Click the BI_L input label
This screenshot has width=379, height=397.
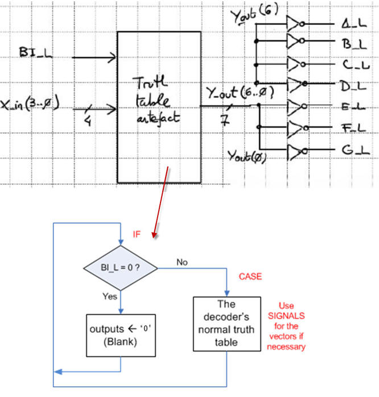(36, 52)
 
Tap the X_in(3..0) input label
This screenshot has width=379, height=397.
(30, 104)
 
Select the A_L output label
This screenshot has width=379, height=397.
(354, 23)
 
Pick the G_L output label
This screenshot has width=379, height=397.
(356, 150)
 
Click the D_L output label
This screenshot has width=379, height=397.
(353, 86)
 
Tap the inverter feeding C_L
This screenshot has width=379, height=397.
(296, 64)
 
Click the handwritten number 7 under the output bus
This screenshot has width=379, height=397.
(225, 120)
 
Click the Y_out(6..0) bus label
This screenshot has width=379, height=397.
(240, 92)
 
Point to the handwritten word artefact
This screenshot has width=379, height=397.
(158, 118)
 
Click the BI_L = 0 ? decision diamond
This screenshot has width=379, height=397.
(121, 268)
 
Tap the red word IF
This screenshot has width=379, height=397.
(137, 234)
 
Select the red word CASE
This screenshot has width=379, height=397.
(250, 276)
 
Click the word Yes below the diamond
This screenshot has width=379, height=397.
(110, 296)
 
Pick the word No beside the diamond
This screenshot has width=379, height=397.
(182, 262)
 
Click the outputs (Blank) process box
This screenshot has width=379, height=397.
(121, 336)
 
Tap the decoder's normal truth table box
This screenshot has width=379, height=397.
(227, 324)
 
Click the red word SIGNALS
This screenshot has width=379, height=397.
(286, 316)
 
